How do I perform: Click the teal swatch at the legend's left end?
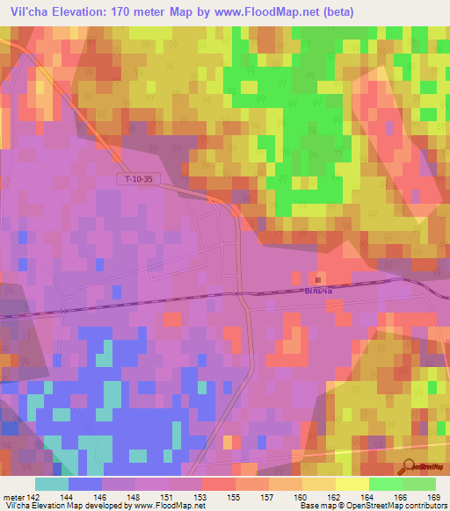coord(52,484)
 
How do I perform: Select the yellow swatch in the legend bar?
coord(352,484)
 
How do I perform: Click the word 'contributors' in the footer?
coord(424,506)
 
